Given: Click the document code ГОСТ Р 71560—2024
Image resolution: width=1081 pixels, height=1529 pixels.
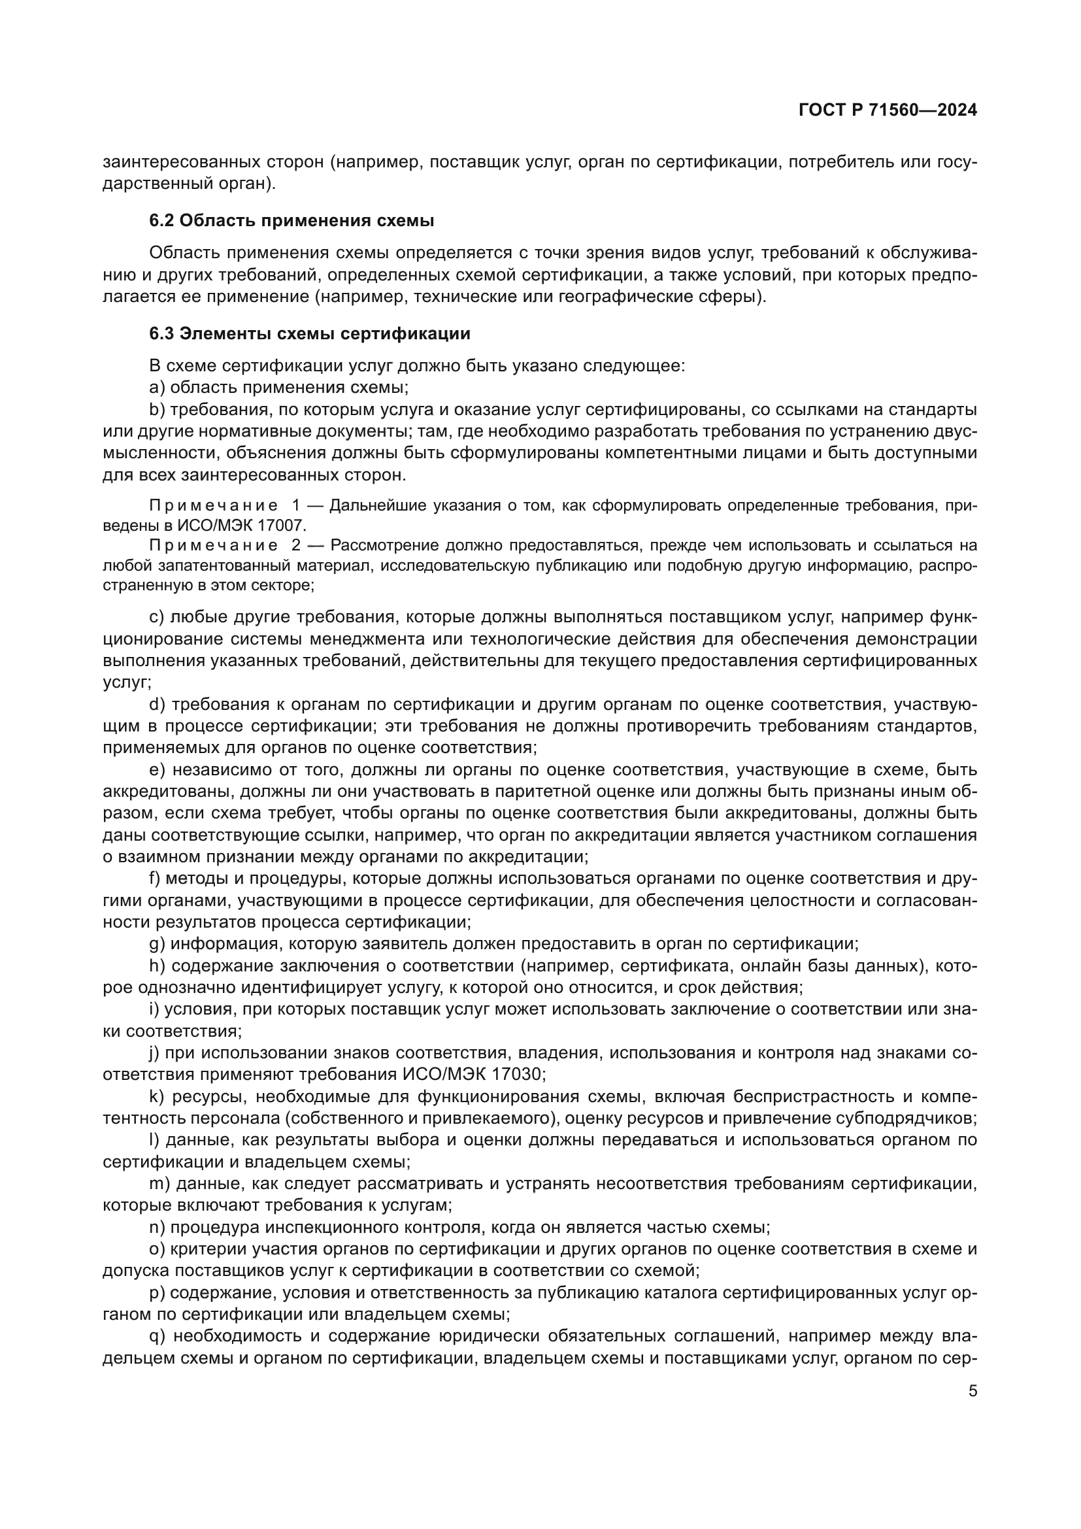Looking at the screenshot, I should [888, 110].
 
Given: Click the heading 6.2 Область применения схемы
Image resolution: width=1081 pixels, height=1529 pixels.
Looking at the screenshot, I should [291, 220].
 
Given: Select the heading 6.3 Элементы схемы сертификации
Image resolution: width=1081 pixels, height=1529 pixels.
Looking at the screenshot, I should [310, 333].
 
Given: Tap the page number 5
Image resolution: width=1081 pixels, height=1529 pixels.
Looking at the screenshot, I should [973, 1391].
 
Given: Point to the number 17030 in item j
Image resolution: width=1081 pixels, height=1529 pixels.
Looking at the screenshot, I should [518, 1074].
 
